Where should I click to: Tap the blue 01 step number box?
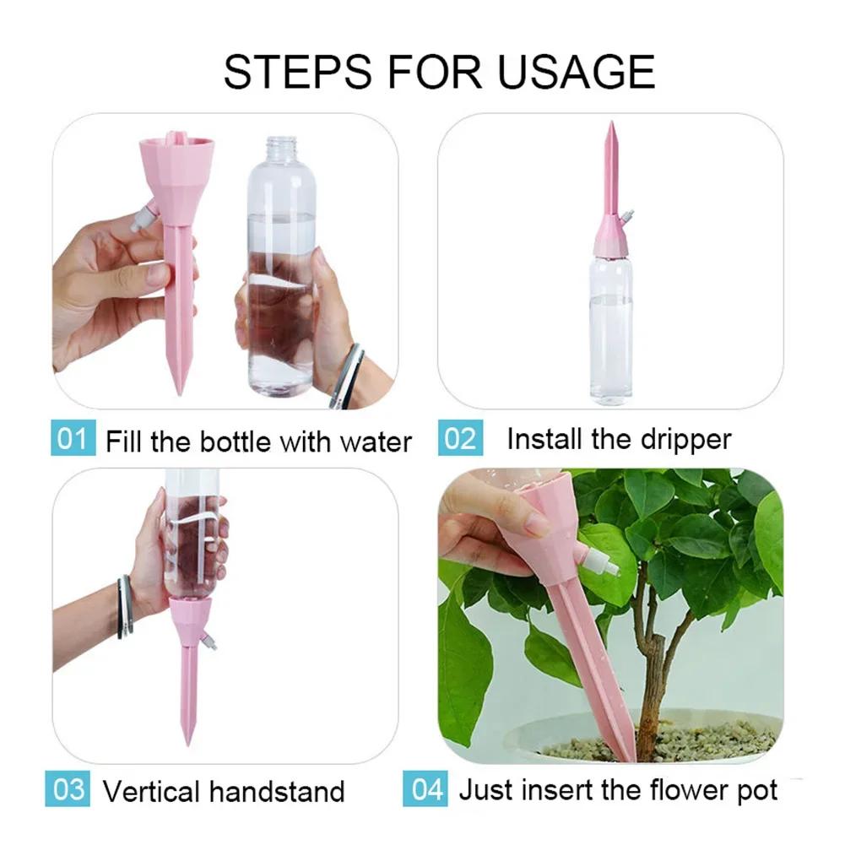pos(72,440)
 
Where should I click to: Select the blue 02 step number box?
pos(459,439)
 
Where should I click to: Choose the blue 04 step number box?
pos(427,790)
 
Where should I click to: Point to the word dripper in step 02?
pos(684,439)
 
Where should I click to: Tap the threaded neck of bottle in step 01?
pos(280,149)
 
